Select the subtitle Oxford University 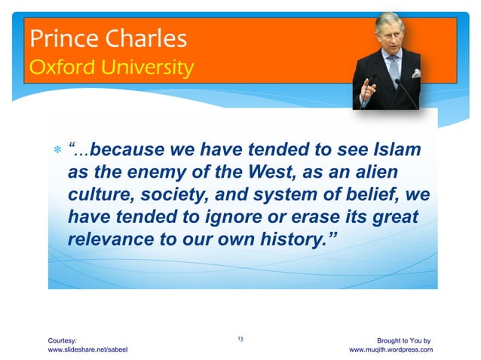[111, 69]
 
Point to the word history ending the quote [301, 241]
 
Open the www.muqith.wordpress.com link [390, 350]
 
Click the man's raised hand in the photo [369, 85]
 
